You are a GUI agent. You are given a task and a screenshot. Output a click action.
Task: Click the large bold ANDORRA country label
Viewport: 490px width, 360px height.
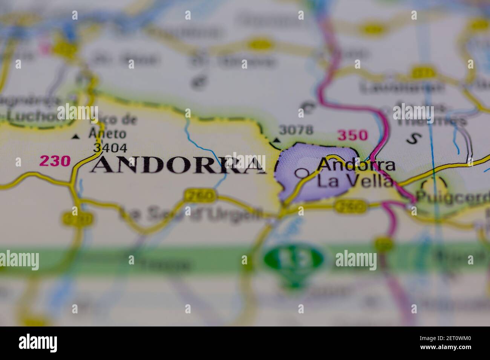177,165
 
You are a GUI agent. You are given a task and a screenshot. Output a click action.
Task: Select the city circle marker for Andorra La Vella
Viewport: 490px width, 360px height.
301,173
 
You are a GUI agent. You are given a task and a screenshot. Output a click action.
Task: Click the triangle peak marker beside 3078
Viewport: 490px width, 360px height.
277,140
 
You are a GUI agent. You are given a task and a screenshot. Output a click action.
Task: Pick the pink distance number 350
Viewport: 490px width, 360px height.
352,135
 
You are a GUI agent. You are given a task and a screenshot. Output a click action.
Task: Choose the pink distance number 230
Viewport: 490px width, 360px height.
55,161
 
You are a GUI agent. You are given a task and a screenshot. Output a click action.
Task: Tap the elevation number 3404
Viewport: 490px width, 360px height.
110,148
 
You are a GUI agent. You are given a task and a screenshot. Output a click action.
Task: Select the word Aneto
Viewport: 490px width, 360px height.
107,133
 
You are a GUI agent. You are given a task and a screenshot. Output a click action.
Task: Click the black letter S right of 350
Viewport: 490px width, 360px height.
413,139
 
